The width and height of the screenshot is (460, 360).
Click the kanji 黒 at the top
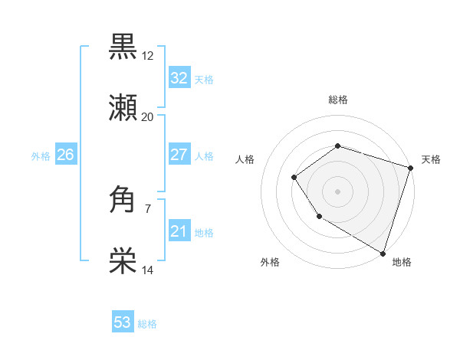(123, 46)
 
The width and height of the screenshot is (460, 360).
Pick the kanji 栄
(123, 262)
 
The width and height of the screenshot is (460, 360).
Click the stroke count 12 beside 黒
(148, 55)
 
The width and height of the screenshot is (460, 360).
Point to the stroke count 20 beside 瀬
(148, 117)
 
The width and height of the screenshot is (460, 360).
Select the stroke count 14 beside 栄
(148, 270)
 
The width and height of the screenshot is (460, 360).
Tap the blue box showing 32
(179, 78)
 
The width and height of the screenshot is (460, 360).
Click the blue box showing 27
(179, 155)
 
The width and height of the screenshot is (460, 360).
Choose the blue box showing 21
(179, 231)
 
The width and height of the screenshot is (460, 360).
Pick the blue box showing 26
(65, 155)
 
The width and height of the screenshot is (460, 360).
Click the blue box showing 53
(123, 322)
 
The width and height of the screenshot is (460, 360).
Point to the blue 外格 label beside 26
(41, 156)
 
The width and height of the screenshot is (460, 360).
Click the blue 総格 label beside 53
(147, 324)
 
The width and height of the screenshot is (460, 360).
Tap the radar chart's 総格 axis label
(337, 100)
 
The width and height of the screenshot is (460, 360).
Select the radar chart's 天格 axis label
(431, 159)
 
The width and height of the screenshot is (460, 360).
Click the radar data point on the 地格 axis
(383, 253)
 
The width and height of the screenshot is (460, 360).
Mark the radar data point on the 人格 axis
(294, 178)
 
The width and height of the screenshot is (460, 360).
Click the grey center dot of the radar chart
(337, 191)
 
